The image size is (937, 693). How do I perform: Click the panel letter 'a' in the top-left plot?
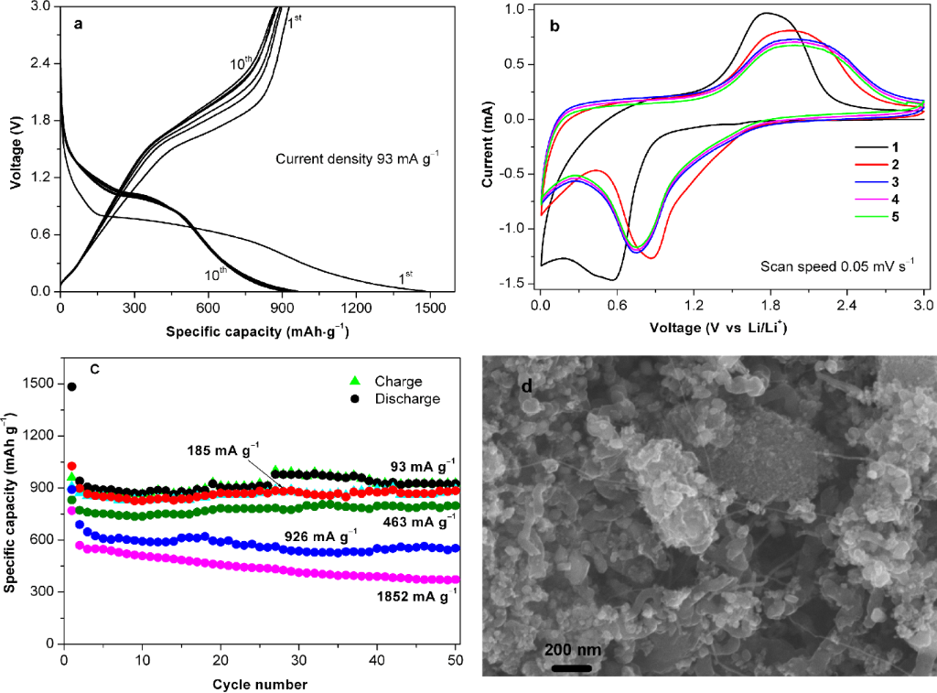coord(80,26)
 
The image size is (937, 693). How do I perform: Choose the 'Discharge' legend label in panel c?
coord(412,398)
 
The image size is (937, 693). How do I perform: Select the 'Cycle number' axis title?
coord(260,684)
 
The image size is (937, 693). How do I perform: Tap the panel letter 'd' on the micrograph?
coord(526,386)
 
